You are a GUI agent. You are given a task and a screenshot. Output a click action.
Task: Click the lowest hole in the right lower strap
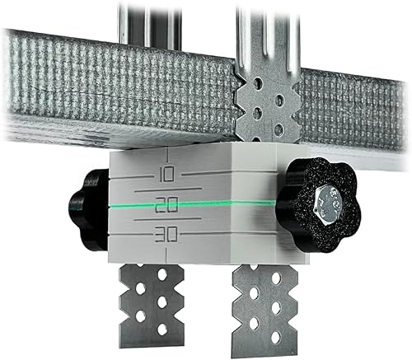click(265, 338)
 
